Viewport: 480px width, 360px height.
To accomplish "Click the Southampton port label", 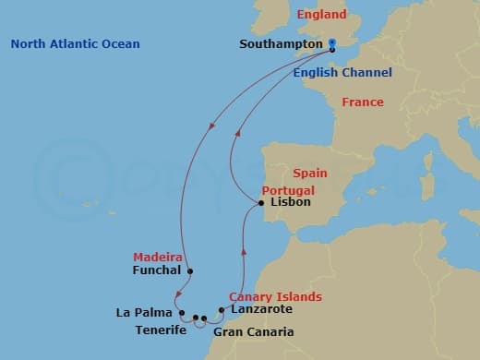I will [281, 43].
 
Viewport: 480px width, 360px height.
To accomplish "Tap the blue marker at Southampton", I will [331, 43].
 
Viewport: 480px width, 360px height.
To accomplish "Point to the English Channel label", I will [342, 73].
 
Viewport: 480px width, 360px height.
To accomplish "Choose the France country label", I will [363, 102].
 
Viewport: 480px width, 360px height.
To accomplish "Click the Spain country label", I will [309, 173].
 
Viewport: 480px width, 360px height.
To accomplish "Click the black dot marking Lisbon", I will [262, 203].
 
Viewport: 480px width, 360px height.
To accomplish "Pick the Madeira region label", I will [152, 257].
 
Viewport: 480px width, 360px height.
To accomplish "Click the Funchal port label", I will [154, 271].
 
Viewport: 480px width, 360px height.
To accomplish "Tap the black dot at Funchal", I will [189, 271].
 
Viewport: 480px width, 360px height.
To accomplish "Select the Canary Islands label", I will [276, 296].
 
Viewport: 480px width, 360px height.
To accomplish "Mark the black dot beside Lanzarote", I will [222, 310].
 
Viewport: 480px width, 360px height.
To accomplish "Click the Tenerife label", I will [162, 330].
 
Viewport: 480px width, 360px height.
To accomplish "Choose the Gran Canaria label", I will [253, 331].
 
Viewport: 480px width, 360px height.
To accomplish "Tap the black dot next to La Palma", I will [182, 312].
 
